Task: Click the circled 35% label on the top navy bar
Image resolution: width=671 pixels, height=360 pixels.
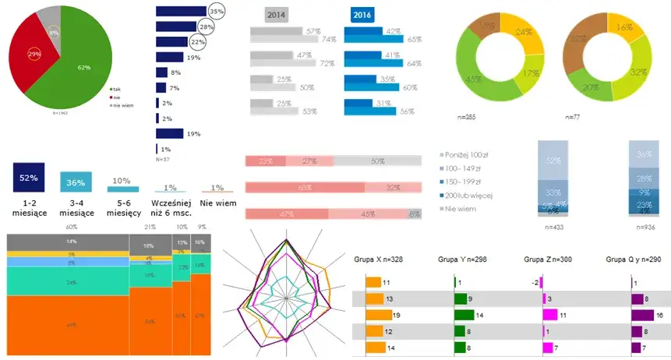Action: [217, 12]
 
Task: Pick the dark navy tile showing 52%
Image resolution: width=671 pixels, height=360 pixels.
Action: [29, 178]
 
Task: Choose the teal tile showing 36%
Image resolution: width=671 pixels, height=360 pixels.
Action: [76, 182]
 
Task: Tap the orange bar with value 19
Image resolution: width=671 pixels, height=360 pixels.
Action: [375, 316]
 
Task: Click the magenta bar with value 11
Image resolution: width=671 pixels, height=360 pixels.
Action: [550, 316]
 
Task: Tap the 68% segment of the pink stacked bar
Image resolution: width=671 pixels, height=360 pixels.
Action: [305, 187]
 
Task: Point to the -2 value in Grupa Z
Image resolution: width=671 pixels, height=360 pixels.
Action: [534, 283]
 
